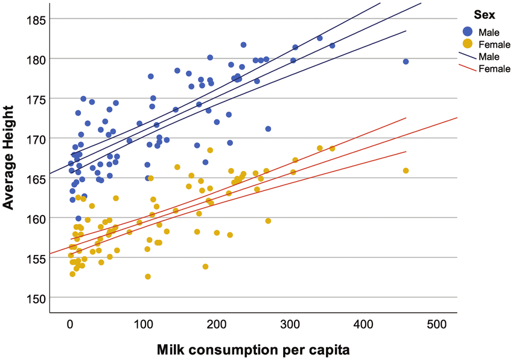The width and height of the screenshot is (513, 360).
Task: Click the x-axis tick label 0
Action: [x=71, y=324]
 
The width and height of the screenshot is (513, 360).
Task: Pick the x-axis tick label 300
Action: [x=290, y=324]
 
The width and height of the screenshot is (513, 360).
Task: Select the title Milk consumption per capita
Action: [x=253, y=349]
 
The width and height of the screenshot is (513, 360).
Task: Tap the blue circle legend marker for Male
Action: [x=467, y=31]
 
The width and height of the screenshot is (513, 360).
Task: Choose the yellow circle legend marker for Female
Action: [x=467, y=44]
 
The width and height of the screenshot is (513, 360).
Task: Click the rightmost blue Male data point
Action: [x=406, y=62]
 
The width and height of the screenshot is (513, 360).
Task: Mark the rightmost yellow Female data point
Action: [x=406, y=171]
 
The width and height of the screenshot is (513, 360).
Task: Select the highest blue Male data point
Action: [x=243, y=45]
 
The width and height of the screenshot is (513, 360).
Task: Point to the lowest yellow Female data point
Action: [x=148, y=277]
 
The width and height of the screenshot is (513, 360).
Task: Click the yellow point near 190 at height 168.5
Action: [x=210, y=150]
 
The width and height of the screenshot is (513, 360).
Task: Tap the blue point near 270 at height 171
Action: [x=268, y=129]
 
